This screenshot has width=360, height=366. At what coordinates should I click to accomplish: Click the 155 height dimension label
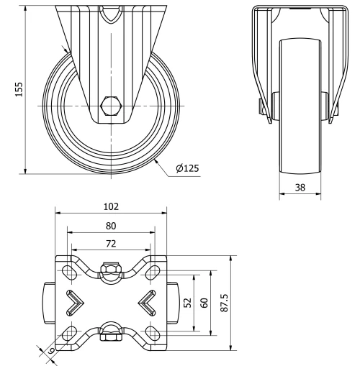[x=20, y=88]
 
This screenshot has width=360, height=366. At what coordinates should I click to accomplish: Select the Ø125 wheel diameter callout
[x=186, y=168]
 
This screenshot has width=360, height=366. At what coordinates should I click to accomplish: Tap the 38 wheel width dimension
[x=300, y=186]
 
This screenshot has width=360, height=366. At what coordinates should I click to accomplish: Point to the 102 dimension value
[x=111, y=206]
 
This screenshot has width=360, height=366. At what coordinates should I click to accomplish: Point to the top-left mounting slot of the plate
[x=71, y=271]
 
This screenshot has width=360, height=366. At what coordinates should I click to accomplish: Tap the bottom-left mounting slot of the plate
[x=71, y=333]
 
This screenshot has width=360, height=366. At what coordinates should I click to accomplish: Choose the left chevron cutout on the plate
[x=76, y=302]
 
